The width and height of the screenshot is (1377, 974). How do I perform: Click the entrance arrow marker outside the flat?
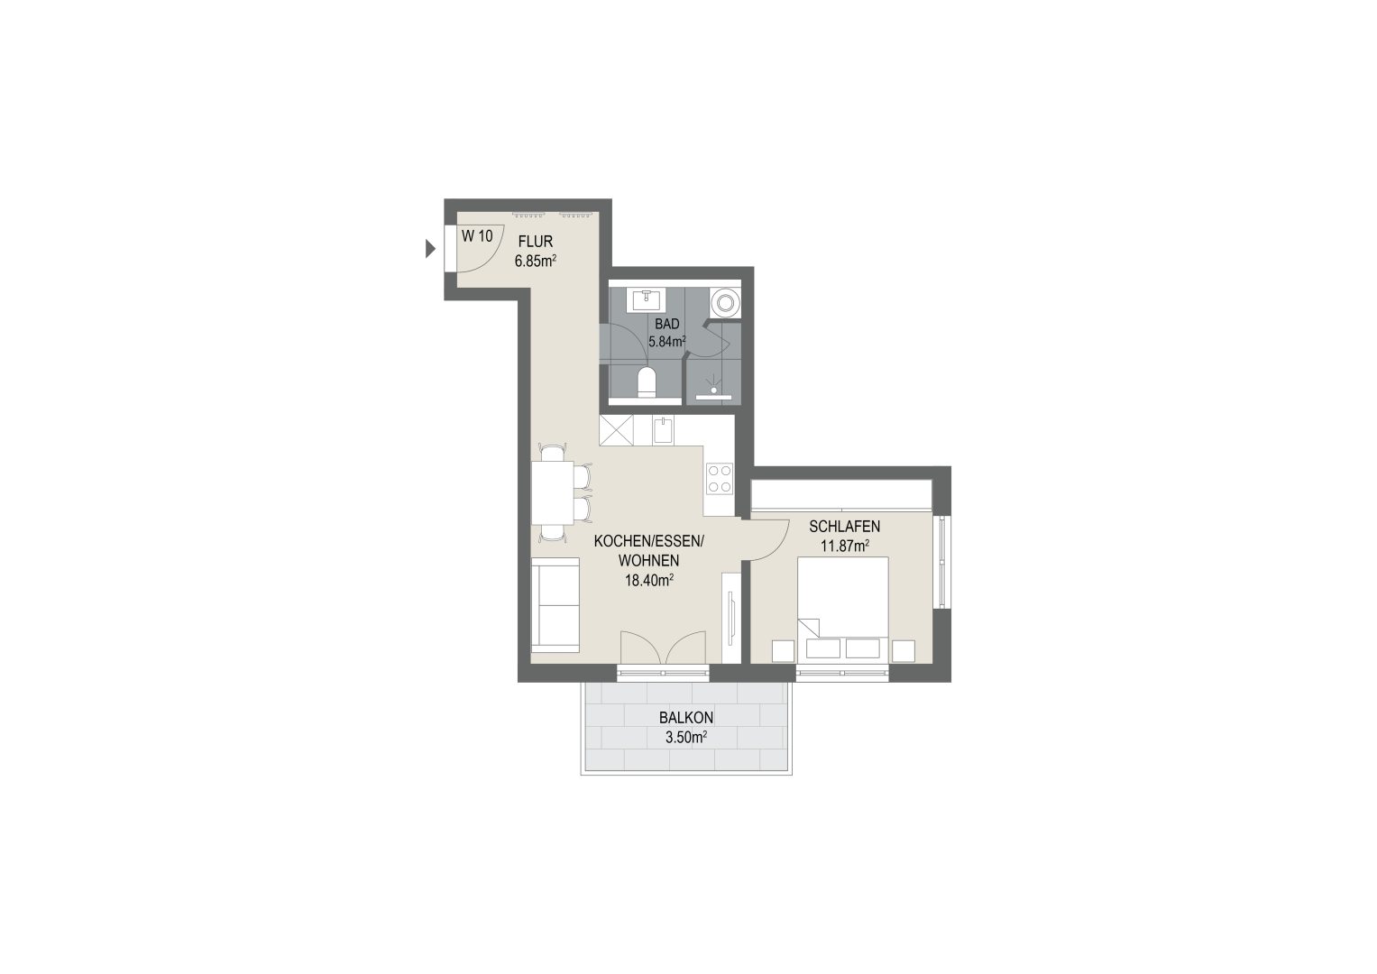tap(430, 249)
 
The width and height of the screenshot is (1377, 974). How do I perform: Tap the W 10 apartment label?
tap(477, 236)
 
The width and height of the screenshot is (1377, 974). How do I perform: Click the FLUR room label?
tap(536, 242)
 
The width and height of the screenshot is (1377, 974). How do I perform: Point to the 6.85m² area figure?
tap(536, 261)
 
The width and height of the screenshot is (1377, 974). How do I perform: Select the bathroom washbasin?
tap(646, 300)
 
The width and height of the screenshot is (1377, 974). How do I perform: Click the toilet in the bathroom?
tap(647, 381)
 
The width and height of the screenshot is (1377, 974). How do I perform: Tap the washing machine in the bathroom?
tap(725, 302)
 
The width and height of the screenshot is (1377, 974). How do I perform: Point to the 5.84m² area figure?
tap(667, 342)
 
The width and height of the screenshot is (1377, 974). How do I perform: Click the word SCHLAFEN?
tap(845, 527)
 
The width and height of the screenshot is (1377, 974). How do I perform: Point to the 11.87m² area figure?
tap(845, 546)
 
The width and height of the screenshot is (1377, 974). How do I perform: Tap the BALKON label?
tap(686, 718)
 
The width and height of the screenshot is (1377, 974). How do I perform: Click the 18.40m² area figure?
tap(649, 580)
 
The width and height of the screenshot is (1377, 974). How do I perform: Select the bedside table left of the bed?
tap(783, 651)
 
